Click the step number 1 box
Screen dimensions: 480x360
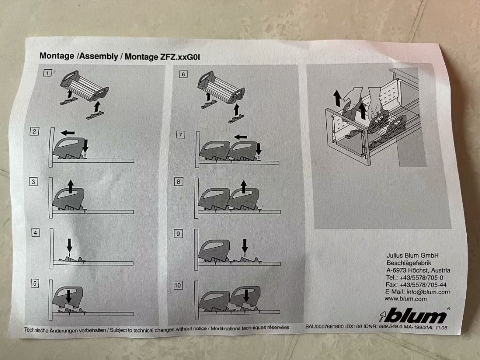(x=47, y=73)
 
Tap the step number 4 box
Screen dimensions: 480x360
(x=36, y=233)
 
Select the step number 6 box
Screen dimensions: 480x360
(x=183, y=74)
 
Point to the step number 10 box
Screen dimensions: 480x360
(x=178, y=285)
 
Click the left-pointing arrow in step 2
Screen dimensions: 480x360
(x=68, y=133)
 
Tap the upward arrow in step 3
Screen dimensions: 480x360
(x=71, y=186)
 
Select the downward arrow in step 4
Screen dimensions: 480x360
(x=69, y=245)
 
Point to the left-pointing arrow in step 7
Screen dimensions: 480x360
(x=240, y=137)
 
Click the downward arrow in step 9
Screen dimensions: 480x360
(x=244, y=246)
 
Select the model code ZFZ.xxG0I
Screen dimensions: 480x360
(x=180, y=57)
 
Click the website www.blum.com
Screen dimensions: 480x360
(x=406, y=299)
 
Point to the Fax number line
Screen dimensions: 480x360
(x=416, y=285)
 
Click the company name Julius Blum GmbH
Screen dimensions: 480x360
(x=412, y=255)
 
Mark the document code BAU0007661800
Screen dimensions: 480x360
(x=324, y=326)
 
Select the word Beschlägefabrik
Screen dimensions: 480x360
(x=409, y=263)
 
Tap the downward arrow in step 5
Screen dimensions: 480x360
(x=69, y=296)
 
